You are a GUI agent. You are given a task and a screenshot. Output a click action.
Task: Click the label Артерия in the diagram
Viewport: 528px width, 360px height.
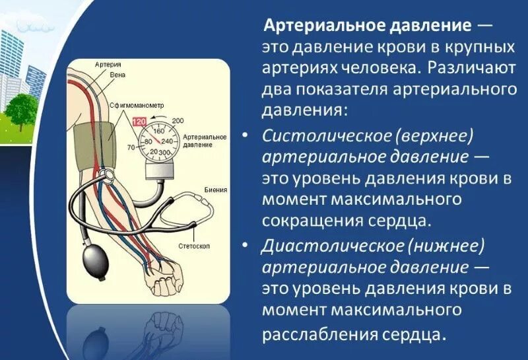click(108, 65)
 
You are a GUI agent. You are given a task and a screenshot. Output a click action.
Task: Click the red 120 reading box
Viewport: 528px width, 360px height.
click(139, 122)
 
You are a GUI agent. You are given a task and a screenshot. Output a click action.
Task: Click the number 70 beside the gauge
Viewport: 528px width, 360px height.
click(131, 147)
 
